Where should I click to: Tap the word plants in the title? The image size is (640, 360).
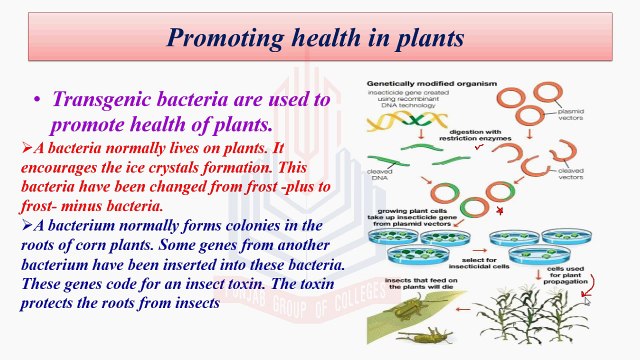coord(425,39)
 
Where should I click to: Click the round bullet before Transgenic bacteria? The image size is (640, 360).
coord(37,102)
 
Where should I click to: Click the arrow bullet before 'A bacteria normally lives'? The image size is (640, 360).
coord(27,148)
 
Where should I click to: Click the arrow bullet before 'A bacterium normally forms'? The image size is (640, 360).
coord(27,226)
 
